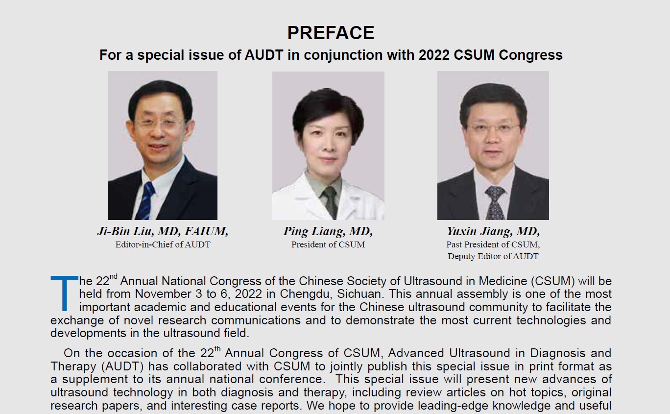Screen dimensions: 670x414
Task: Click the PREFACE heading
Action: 331,33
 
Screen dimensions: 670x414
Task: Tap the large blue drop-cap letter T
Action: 64,293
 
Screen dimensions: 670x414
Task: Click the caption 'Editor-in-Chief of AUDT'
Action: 163,244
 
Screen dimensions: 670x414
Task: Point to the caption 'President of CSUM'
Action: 328,244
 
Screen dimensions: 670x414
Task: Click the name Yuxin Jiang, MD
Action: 493,231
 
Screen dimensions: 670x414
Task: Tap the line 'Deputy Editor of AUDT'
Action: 493,256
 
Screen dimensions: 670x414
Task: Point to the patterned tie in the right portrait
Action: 495,202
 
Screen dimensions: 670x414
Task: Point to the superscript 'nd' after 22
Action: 113,276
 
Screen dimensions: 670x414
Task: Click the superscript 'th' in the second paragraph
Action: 217,348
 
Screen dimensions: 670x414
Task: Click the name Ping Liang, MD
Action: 328,231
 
